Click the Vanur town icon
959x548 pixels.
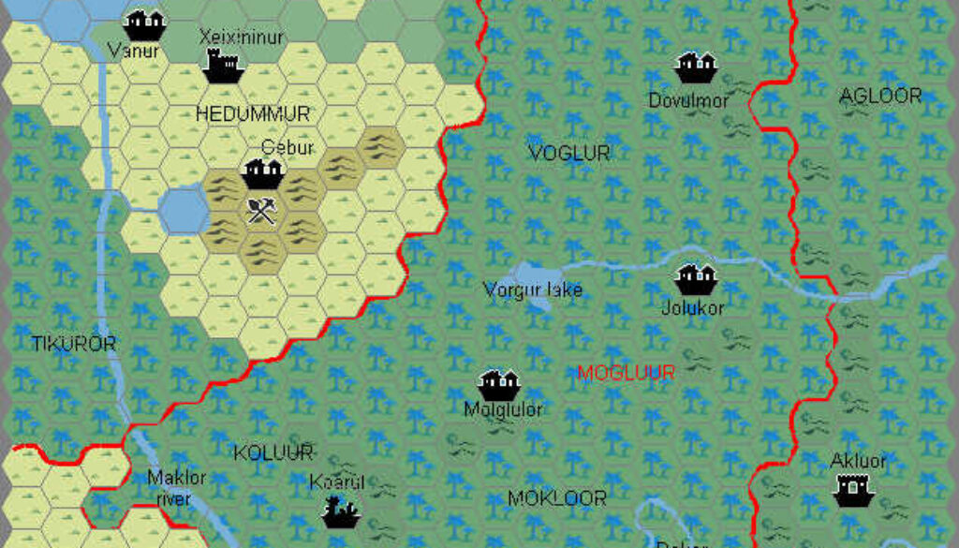(144, 22)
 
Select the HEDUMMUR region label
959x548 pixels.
(252, 114)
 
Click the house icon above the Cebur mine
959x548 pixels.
(263, 172)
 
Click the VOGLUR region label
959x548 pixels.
(568, 153)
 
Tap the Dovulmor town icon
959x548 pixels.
(696, 67)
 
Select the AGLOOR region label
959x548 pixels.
(879, 96)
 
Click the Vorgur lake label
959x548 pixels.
(533, 289)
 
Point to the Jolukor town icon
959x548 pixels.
(696, 277)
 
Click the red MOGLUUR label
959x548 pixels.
(626, 373)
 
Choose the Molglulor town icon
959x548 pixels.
(498, 383)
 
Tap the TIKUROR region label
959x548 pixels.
(74, 344)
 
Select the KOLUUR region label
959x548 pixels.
(273, 453)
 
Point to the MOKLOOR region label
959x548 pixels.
(556, 497)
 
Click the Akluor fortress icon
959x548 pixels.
(853, 488)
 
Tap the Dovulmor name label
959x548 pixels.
(688, 100)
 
